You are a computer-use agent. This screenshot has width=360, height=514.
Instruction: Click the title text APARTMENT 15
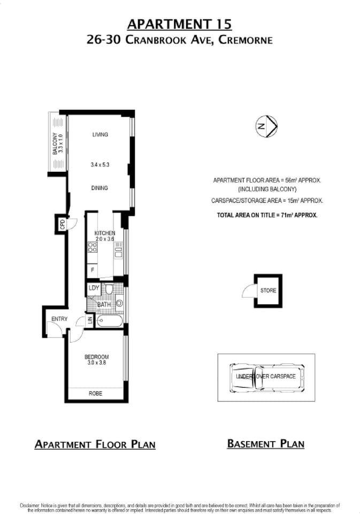[180, 24]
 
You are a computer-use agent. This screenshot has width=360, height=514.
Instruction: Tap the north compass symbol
[265, 126]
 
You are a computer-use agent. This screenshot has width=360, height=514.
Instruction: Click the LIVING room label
[99, 134]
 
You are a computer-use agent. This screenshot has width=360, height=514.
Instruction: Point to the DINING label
[99, 188]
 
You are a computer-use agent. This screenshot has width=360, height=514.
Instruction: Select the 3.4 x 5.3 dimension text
[99, 165]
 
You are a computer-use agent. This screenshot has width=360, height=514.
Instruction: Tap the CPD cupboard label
[62, 223]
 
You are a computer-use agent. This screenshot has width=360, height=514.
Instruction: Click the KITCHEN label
[105, 233]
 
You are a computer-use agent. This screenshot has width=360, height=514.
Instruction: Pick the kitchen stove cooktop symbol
[92, 247]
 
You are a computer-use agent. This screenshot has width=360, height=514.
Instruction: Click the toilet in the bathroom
[109, 290]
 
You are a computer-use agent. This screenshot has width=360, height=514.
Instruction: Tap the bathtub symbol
[109, 321]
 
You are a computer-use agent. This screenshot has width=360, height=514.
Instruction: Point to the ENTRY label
[59, 319]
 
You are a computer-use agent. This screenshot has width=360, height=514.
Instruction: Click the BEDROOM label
[96, 357]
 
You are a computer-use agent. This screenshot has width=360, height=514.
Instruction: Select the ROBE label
[95, 394]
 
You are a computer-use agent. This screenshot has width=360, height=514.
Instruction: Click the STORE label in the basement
[269, 291]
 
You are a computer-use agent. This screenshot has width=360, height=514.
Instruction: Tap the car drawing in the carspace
[266, 376]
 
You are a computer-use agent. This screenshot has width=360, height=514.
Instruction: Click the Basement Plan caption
[266, 443]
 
